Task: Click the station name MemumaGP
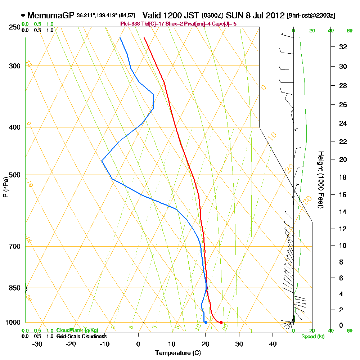(x=51, y=15)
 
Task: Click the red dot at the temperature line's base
(x=221, y=322)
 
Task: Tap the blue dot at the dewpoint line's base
(x=206, y=322)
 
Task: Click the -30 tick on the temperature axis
(x=37, y=344)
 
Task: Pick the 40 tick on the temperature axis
(x=273, y=344)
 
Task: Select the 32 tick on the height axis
(x=343, y=47)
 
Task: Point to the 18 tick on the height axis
(x=343, y=177)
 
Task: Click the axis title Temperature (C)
(x=178, y=353)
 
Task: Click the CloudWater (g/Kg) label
(x=77, y=330)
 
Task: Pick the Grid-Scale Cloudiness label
(x=81, y=336)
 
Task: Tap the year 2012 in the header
(x=272, y=15)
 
